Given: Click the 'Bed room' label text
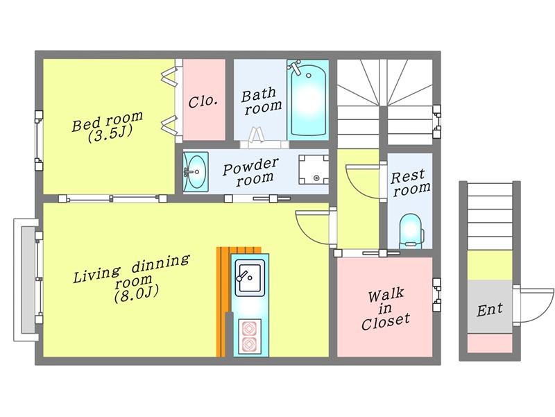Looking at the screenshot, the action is pyautogui.click(x=108, y=121).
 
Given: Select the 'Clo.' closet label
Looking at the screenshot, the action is pyautogui.click(x=203, y=101).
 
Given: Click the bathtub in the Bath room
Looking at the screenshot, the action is pyautogui.click(x=308, y=99).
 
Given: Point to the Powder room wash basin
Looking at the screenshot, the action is pyautogui.click(x=196, y=171).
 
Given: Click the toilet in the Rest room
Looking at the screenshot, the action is pyautogui.click(x=411, y=231).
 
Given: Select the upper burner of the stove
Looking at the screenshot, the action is pyautogui.click(x=250, y=328).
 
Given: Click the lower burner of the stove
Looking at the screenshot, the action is pyautogui.click(x=250, y=344).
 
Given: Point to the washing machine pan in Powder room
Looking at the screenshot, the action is pyautogui.click(x=314, y=170).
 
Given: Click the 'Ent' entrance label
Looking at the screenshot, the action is pyautogui.click(x=490, y=309).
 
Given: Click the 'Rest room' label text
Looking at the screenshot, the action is pyautogui.click(x=410, y=182).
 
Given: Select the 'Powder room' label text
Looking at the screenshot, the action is pyautogui.click(x=251, y=172).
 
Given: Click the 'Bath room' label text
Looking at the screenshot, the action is pyautogui.click(x=262, y=101).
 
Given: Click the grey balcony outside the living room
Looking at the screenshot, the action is pyautogui.click(x=26, y=280).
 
